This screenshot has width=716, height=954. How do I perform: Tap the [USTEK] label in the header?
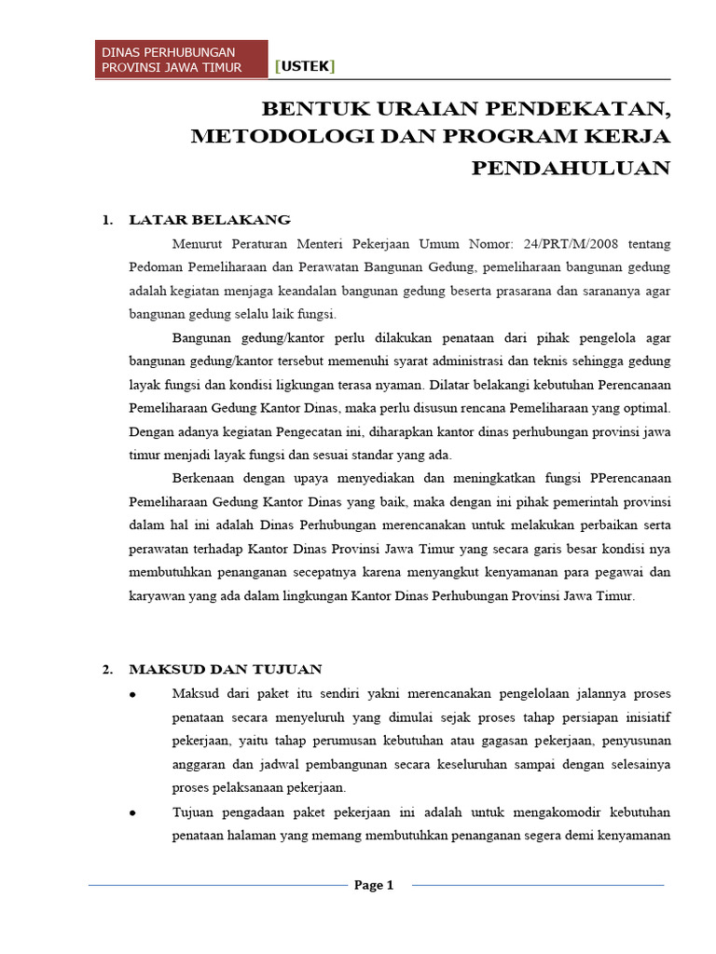[x=305, y=65]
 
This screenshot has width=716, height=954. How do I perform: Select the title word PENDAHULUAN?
[x=571, y=168]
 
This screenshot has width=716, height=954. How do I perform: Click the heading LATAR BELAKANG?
[x=210, y=220]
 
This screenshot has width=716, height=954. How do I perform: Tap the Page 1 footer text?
[x=375, y=885]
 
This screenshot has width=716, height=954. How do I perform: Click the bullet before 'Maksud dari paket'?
[x=133, y=695]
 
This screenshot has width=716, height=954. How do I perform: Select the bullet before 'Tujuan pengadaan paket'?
[x=133, y=812]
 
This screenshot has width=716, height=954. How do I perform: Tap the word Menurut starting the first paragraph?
[x=200, y=244]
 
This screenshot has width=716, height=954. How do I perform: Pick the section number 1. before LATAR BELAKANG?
[x=107, y=221]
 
